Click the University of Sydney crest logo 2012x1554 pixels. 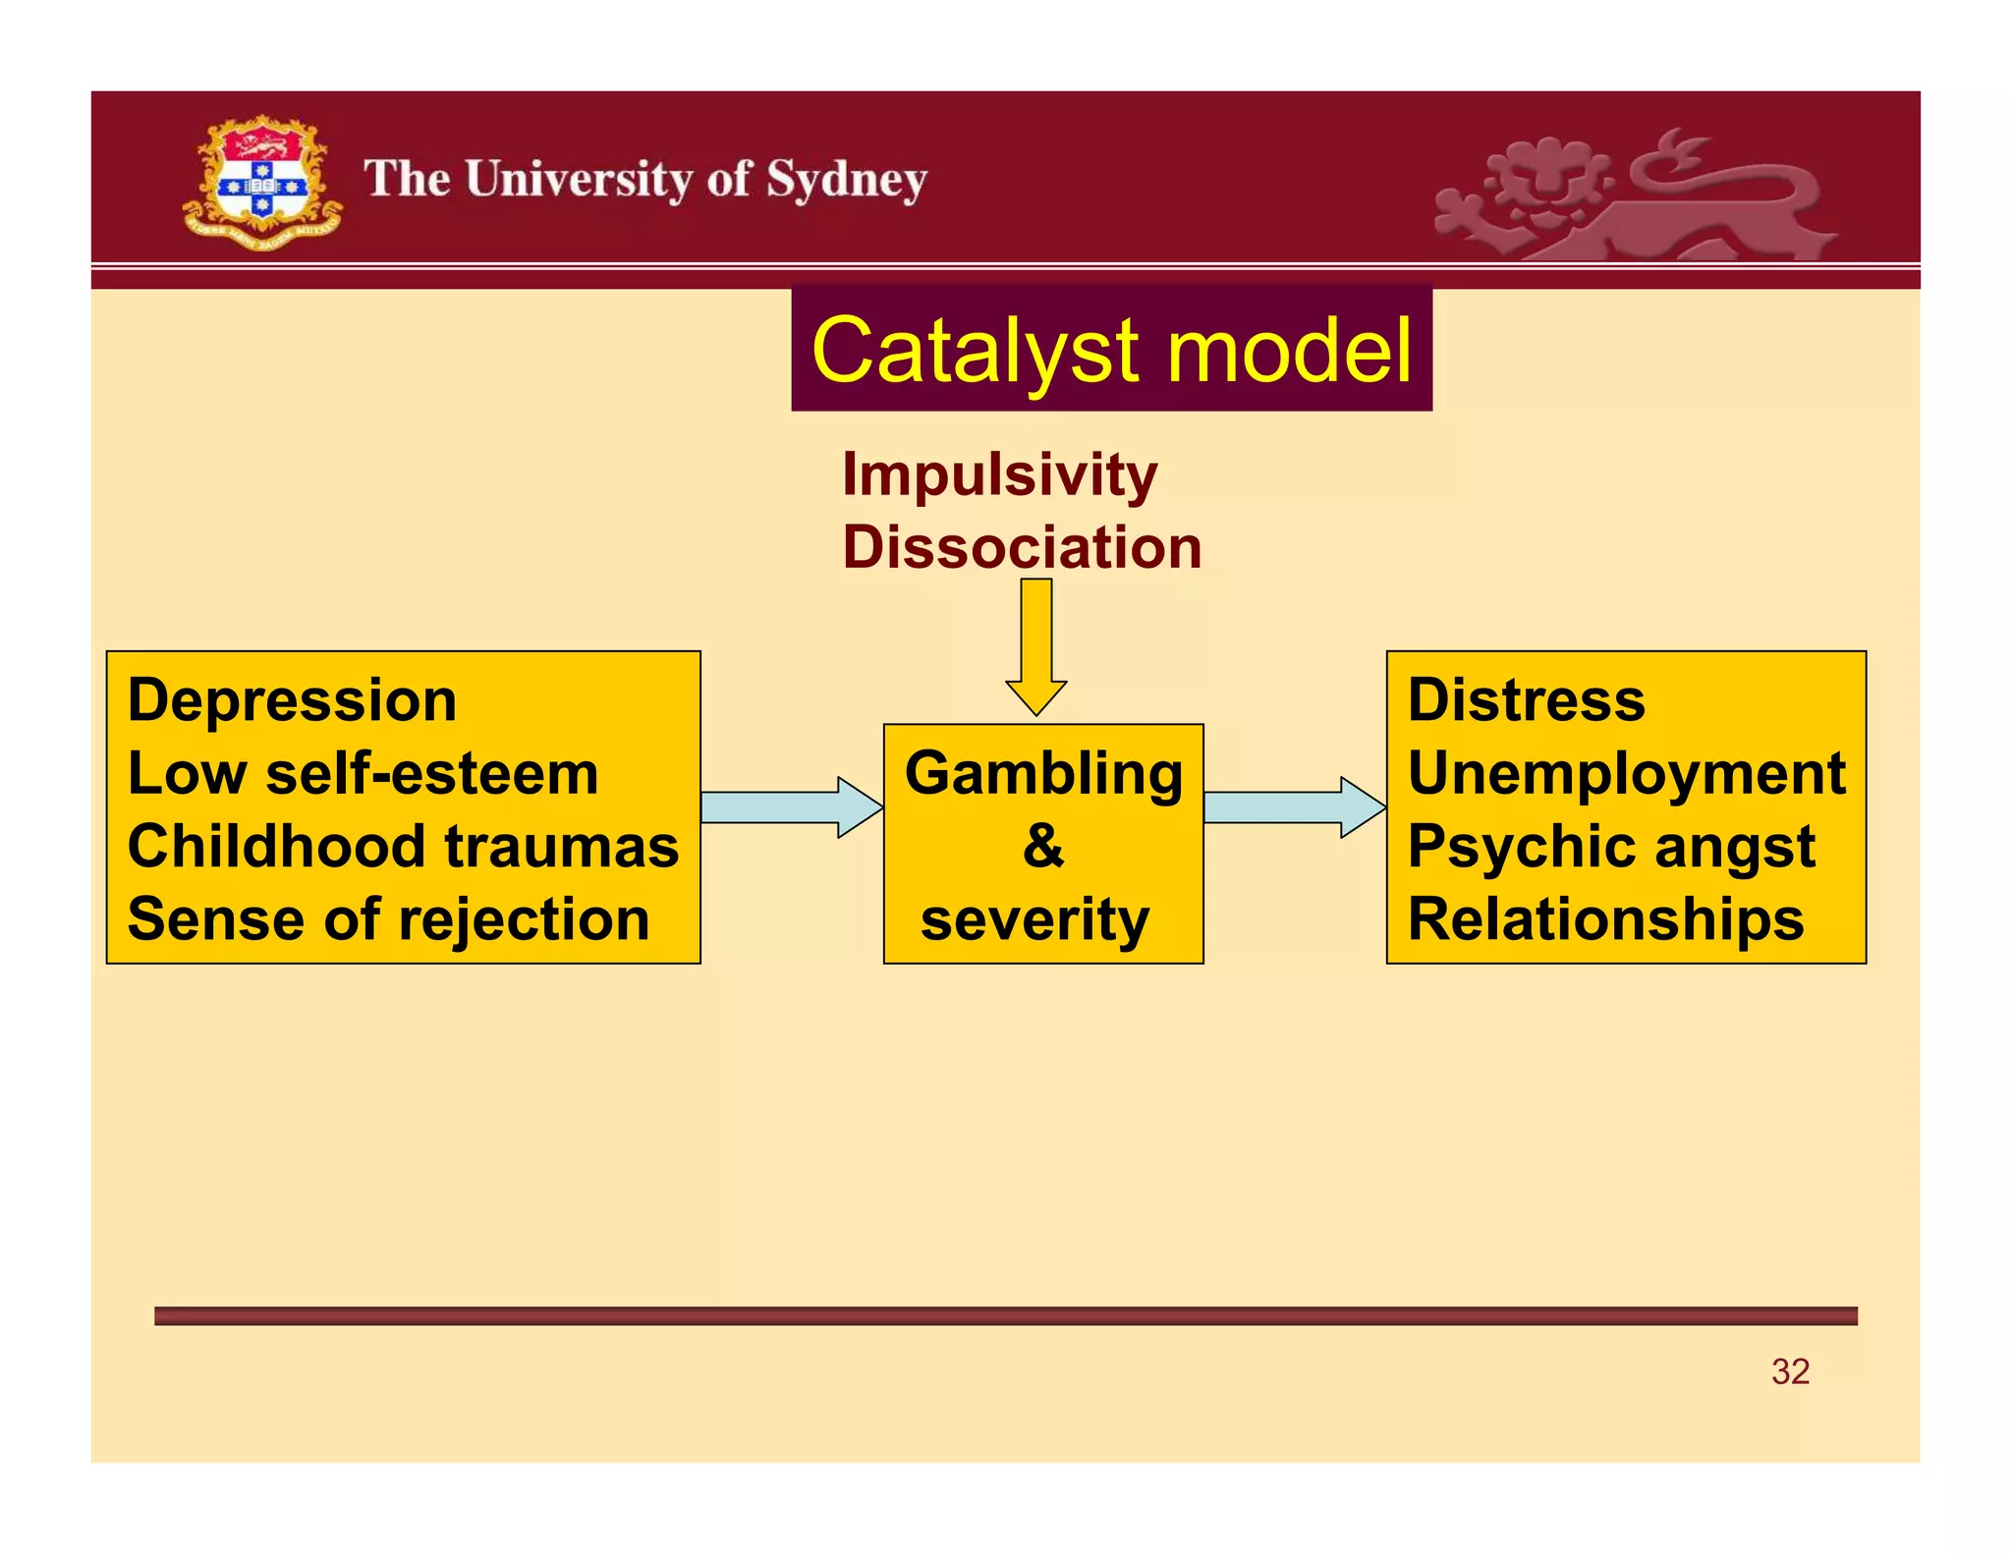(x=261, y=183)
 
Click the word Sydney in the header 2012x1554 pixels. (x=846, y=181)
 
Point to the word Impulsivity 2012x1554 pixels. (x=999, y=475)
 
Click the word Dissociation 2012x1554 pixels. (x=1022, y=547)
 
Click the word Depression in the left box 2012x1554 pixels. (x=292, y=701)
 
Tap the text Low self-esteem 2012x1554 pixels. (x=363, y=774)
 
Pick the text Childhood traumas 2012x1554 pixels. (x=403, y=847)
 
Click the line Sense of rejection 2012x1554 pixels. (x=388, y=919)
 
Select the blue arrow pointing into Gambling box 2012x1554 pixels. (x=790, y=807)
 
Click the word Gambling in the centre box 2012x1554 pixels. (x=1043, y=774)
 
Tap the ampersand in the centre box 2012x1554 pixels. (x=1042, y=846)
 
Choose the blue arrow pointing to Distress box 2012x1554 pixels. (x=1293, y=807)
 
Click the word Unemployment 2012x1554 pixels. (x=1626, y=774)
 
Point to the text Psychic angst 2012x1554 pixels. (x=1611, y=847)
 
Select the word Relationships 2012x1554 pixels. (x=1605, y=919)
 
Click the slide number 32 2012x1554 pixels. (x=1790, y=1371)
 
